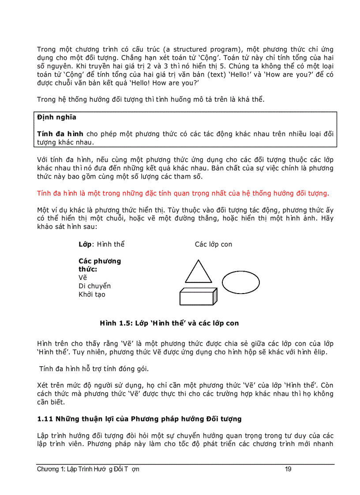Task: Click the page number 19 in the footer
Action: tap(288, 469)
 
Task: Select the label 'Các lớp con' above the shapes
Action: tap(214, 244)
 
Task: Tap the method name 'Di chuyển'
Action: tap(94, 286)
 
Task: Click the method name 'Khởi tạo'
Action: tap(92, 294)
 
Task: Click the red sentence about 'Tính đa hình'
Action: tap(183, 193)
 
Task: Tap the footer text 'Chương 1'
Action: tap(48, 469)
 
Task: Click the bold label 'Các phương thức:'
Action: tap(99, 265)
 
